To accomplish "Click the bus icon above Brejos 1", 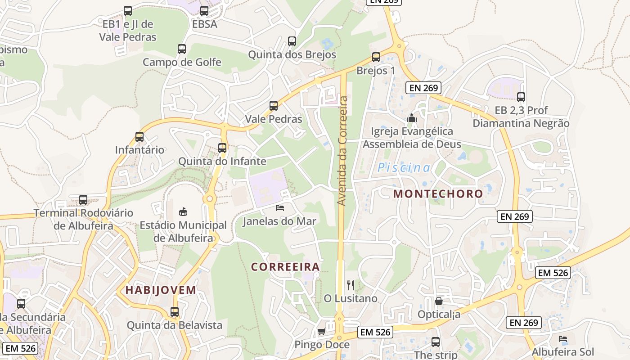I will pyautogui.click(x=376, y=57).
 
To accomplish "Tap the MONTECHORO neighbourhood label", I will pyautogui.click(x=438, y=194).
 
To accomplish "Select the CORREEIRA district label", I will pyautogui.click(x=285, y=267).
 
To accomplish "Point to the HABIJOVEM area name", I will pyautogui.click(x=161, y=290).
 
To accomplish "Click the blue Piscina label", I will pyautogui.click(x=404, y=168).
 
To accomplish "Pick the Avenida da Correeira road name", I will pyautogui.click(x=342, y=151).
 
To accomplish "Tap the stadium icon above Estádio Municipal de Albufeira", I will pyautogui.click(x=183, y=211).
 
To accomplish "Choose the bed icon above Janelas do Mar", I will pyautogui.click(x=280, y=208).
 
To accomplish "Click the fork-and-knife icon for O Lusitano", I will pyautogui.click(x=351, y=285).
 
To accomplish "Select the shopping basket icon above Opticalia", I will pyautogui.click(x=439, y=301).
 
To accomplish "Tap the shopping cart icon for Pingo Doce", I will pyautogui.click(x=321, y=332).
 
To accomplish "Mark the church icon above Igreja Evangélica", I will pyautogui.click(x=412, y=118).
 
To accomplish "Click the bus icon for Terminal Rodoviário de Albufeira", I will pyautogui.click(x=83, y=200).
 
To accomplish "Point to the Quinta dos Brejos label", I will pyautogui.click(x=292, y=55).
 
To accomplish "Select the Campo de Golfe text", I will pyautogui.click(x=182, y=62).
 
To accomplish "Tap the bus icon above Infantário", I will pyautogui.click(x=139, y=137).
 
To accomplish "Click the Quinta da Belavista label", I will pyautogui.click(x=175, y=325).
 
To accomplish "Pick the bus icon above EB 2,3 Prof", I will pyautogui.click(x=521, y=97).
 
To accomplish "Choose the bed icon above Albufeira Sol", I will pyautogui.click(x=563, y=339).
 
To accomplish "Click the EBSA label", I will pyautogui.click(x=204, y=24).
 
